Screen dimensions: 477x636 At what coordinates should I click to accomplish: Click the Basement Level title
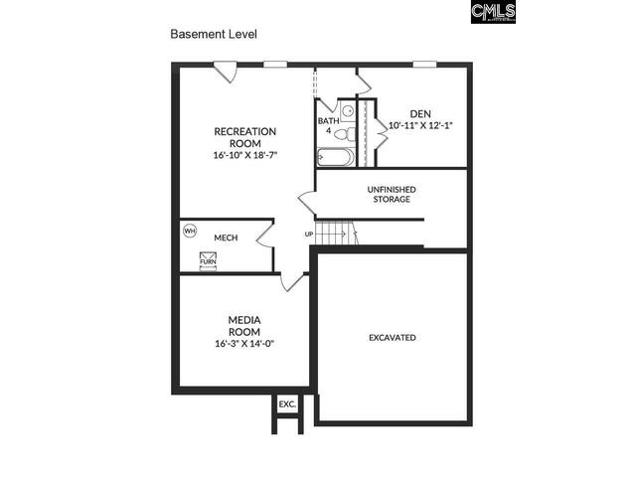pyautogui.click(x=214, y=34)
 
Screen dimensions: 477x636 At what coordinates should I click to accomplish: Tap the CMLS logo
pyautogui.click(x=494, y=11)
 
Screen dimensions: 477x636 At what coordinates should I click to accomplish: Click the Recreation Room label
pyautogui.click(x=244, y=137)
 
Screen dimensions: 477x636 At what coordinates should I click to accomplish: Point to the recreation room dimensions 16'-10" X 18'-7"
pyautogui.click(x=244, y=156)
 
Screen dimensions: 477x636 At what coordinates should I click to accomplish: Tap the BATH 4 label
pyautogui.click(x=327, y=126)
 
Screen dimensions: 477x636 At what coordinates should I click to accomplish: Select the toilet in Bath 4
pyautogui.click(x=342, y=133)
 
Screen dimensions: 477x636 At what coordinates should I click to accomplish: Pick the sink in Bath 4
pyautogui.click(x=348, y=110)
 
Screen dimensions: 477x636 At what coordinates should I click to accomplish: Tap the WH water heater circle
pyautogui.click(x=191, y=232)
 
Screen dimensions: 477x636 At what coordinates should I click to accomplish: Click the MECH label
pyautogui.click(x=225, y=238)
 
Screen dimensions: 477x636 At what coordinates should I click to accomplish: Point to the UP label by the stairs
pyautogui.click(x=309, y=234)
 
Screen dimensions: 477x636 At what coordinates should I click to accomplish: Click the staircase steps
pyautogui.click(x=338, y=233)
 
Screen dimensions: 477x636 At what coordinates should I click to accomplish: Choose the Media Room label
pyautogui.click(x=243, y=326)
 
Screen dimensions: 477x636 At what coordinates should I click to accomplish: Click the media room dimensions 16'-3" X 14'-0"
pyautogui.click(x=243, y=344)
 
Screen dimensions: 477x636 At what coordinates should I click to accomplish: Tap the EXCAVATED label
pyautogui.click(x=392, y=338)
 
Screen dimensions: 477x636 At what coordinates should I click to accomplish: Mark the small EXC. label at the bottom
pyautogui.click(x=287, y=404)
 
